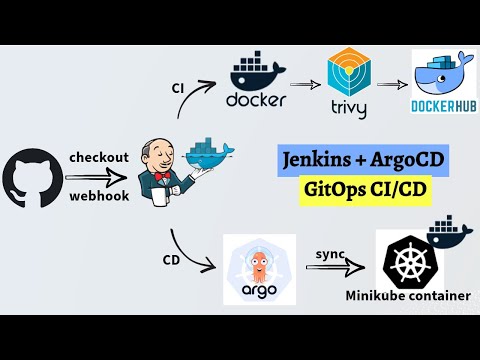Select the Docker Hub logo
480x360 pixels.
click(x=439, y=85)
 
